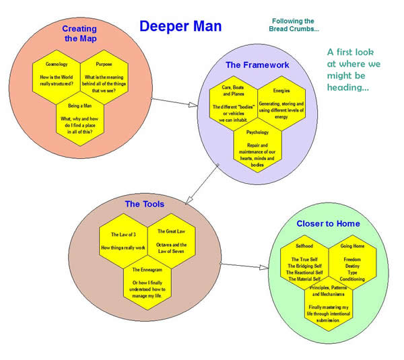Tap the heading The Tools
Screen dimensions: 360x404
(144, 204)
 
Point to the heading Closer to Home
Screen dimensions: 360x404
(328, 223)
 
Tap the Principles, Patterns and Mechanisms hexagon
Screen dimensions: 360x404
(328, 305)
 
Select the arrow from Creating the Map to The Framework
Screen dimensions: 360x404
(178, 103)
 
